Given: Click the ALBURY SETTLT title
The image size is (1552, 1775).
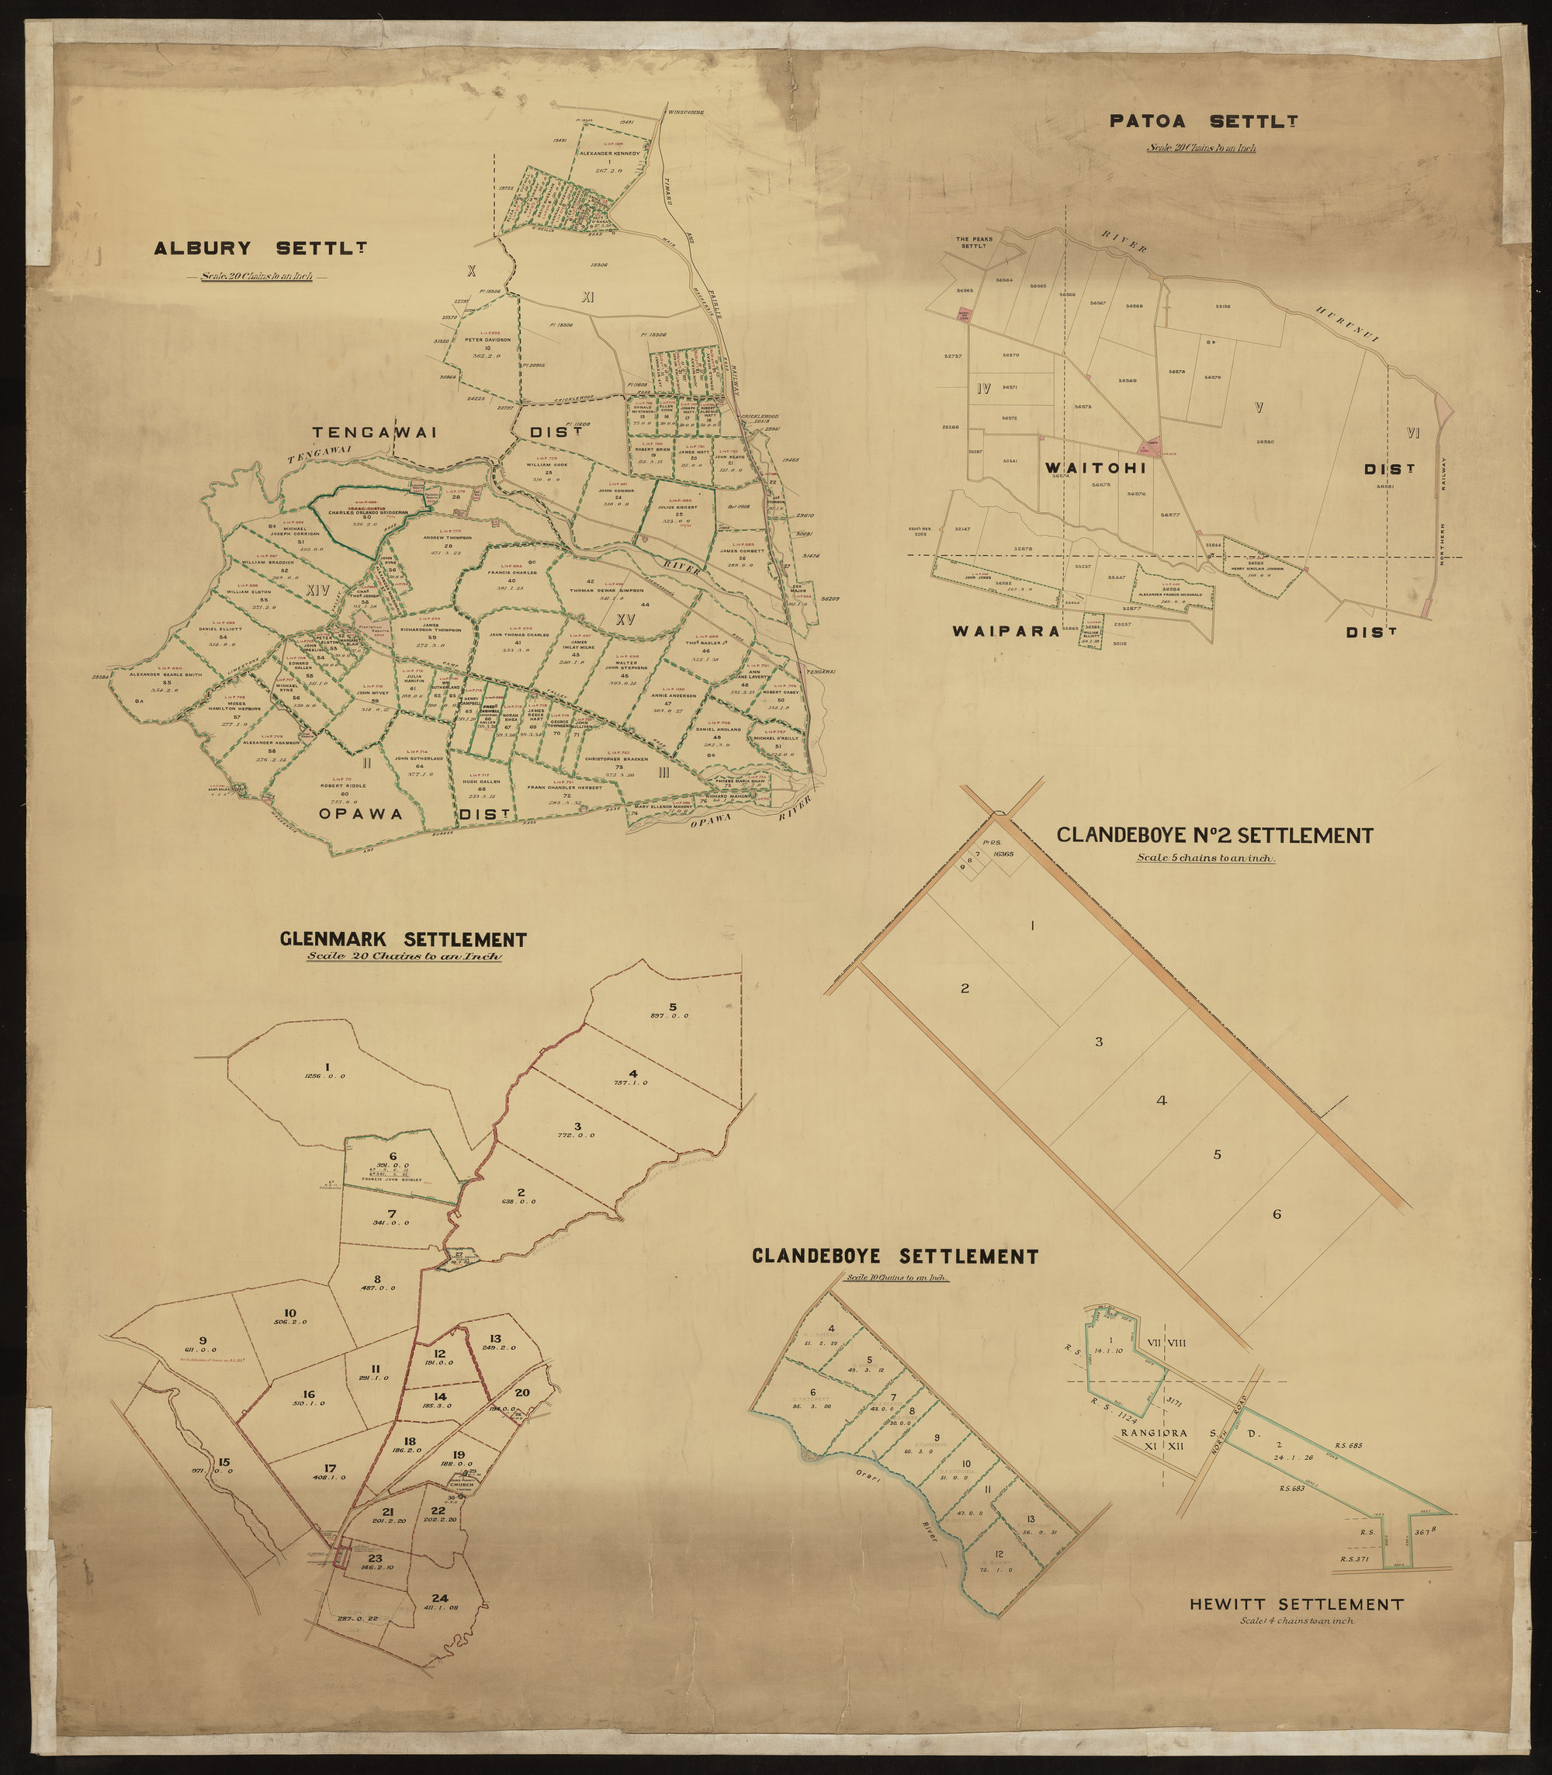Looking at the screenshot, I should click(x=260, y=248).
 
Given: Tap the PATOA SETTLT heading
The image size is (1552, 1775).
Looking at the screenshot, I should click(x=1202, y=121).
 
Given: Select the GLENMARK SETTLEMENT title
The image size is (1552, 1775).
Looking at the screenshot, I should click(x=404, y=940).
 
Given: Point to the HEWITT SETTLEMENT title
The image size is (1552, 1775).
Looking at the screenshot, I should click(x=1296, y=1604).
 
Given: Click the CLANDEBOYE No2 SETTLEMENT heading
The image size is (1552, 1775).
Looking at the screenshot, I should click(x=1214, y=836).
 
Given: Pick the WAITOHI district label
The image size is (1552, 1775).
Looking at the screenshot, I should click(x=1095, y=468).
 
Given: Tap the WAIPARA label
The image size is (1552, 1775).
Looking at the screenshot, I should click(x=1006, y=632).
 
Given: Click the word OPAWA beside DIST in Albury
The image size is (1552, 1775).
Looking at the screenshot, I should click(x=360, y=813).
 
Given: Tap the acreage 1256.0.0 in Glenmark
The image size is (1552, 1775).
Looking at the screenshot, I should click(x=325, y=1076).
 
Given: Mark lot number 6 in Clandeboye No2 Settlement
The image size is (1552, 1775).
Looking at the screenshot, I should click(x=1277, y=1215).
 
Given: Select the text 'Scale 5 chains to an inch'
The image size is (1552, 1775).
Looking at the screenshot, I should click(x=1207, y=858).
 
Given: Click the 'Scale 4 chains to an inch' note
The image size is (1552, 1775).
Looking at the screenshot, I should click(x=1296, y=1621).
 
